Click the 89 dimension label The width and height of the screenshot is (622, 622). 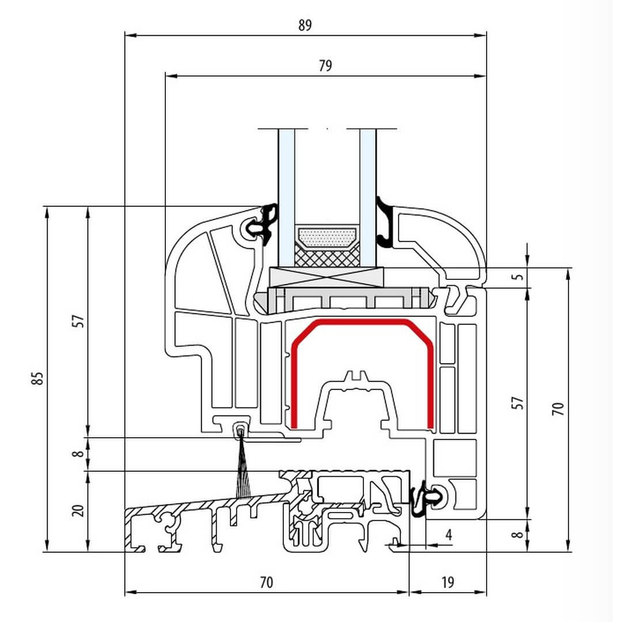305,25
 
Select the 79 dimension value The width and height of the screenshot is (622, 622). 325,65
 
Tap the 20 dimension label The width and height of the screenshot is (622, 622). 79,510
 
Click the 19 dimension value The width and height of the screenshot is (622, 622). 447,582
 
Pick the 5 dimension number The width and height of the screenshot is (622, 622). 519,276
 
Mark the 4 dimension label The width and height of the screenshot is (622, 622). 449,535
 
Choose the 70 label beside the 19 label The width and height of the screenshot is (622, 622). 266,582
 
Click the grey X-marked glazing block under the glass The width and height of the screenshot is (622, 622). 326,278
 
